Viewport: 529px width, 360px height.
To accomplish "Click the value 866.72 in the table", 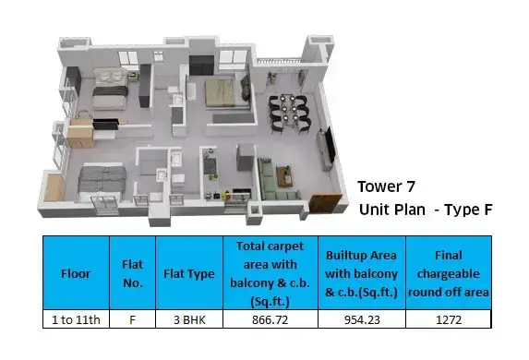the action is [x=270, y=319].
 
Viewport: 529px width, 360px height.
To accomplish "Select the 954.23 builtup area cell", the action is [x=362, y=319].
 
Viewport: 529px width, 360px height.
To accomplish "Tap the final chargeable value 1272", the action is [x=449, y=319].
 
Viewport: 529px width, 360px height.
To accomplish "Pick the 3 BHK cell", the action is [x=189, y=319].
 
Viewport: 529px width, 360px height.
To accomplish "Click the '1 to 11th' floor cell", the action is [x=76, y=319].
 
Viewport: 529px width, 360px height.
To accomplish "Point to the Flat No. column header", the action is [x=133, y=273].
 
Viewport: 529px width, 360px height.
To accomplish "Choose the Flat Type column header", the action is [x=189, y=273].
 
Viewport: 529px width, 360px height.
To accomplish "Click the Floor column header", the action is [x=76, y=273].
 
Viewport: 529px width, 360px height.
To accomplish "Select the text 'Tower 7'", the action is [x=386, y=186].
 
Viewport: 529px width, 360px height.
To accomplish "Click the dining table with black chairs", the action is [x=289, y=113].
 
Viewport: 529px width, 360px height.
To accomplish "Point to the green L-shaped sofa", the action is [x=276, y=179].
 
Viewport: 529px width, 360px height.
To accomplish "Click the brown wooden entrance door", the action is [x=325, y=202].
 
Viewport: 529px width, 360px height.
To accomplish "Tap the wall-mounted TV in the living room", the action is [x=330, y=144].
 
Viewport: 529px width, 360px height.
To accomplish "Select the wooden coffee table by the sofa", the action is [x=284, y=175].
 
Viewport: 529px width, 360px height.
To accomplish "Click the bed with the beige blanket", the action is [x=221, y=93].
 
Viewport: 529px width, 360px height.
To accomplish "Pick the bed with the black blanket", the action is [x=109, y=89].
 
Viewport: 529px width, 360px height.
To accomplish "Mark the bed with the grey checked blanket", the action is [x=101, y=182].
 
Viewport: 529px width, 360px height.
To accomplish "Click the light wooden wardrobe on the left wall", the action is [x=80, y=133].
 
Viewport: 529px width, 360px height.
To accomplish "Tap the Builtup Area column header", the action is [x=361, y=273].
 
